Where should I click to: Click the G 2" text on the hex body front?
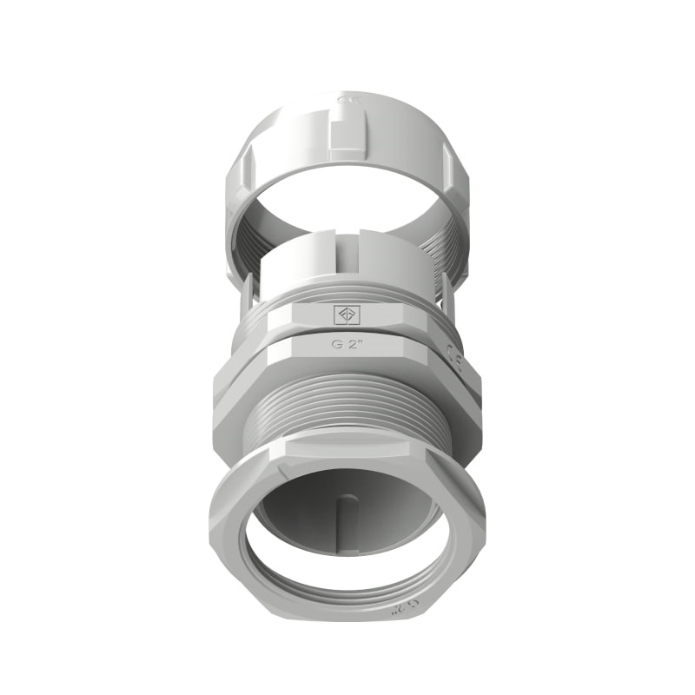click(x=347, y=343)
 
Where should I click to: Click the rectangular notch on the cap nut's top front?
click(x=347, y=139)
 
